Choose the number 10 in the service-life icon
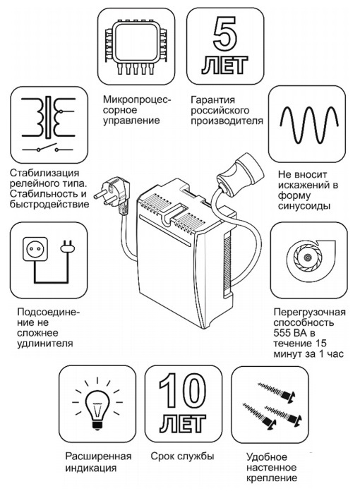point(174,389)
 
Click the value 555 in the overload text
point(285,334)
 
